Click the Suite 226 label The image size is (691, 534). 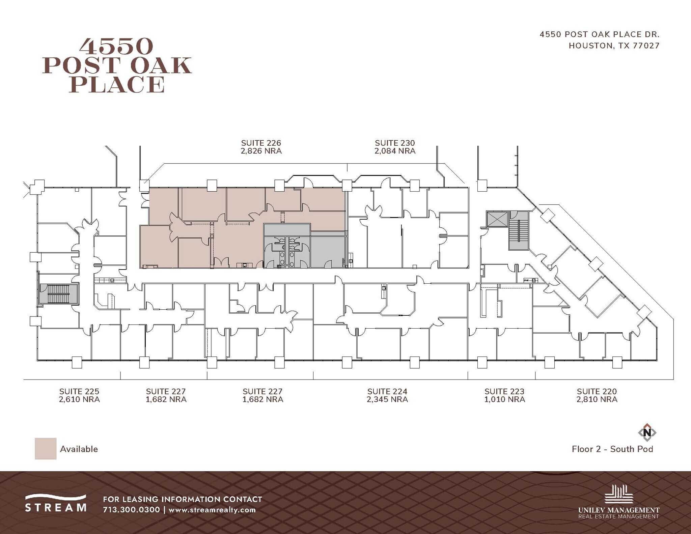coord(261,143)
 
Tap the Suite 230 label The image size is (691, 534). coord(395,143)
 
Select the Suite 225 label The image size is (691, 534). coord(79,391)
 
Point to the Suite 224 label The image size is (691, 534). coord(387,391)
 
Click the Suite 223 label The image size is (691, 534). coord(504,391)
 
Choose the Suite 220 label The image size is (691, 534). coord(597,391)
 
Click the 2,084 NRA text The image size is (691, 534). coord(395,151)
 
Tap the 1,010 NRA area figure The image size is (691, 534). coord(504,399)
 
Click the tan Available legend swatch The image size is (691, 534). coord(46,449)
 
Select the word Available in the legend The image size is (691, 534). coord(79,449)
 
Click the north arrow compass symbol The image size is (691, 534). coord(647,432)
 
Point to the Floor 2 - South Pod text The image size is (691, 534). coord(612,449)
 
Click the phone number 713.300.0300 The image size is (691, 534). coord(131,510)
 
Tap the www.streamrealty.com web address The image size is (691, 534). coord(212,510)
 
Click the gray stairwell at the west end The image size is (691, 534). coord(59,294)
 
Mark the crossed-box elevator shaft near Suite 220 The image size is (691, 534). coord(497,220)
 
